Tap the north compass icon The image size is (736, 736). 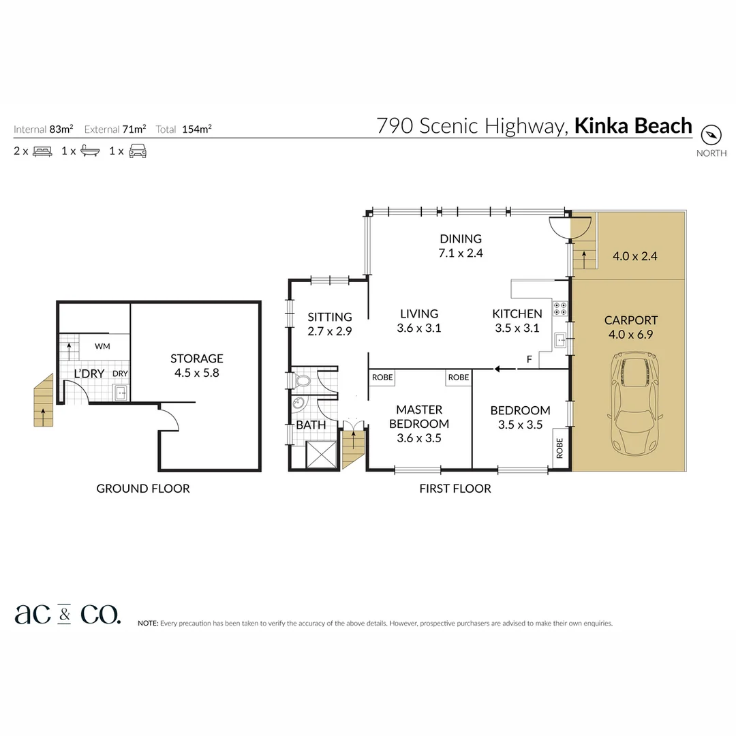711,134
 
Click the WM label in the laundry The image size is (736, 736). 102,346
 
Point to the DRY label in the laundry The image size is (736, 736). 120,373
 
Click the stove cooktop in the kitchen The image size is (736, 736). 560,309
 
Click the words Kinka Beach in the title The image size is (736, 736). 633,126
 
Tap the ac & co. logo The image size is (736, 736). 67,614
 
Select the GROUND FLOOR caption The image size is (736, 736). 142,488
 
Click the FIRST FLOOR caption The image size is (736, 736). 455,488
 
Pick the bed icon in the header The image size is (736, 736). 42,151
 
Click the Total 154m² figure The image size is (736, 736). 183,129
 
